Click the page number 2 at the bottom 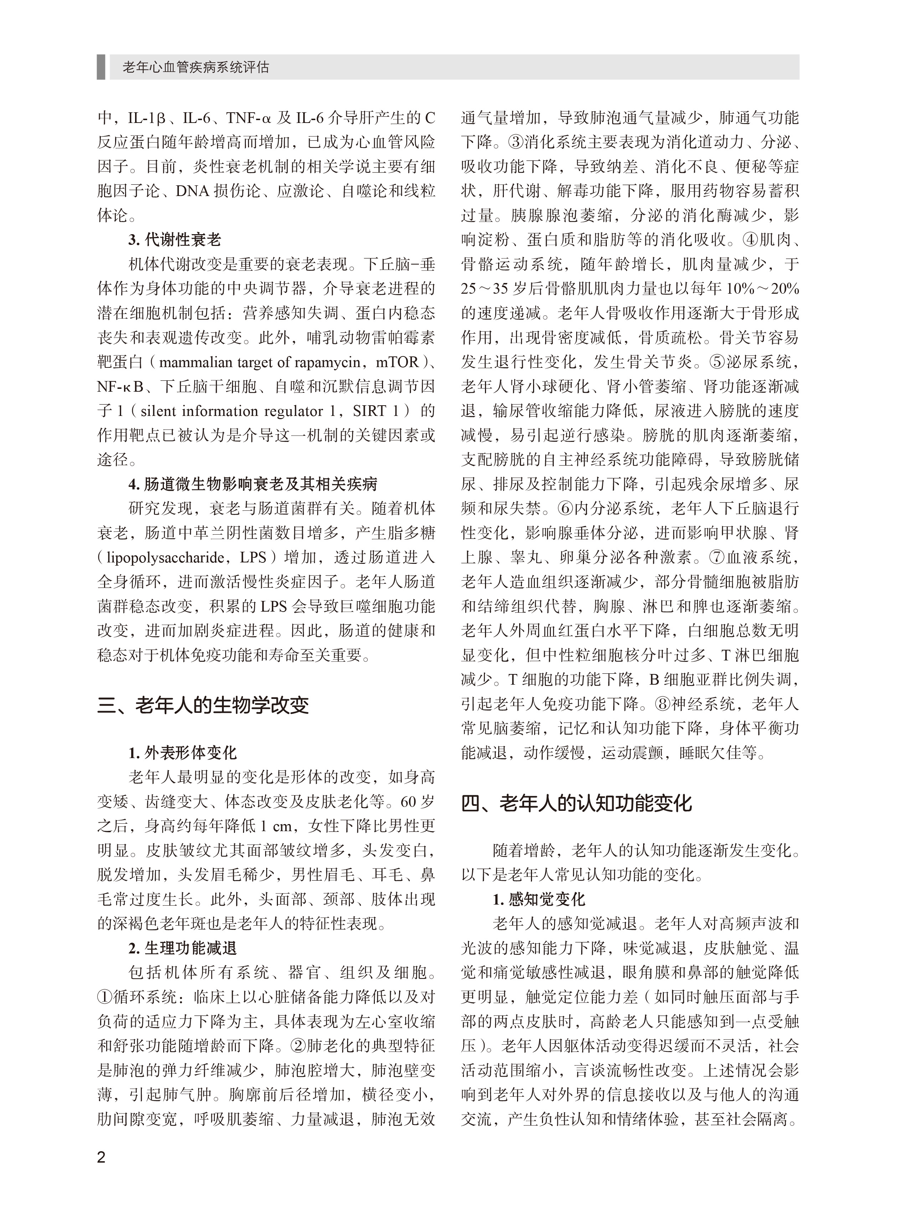[101, 1157]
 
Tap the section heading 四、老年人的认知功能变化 [576, 803]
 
